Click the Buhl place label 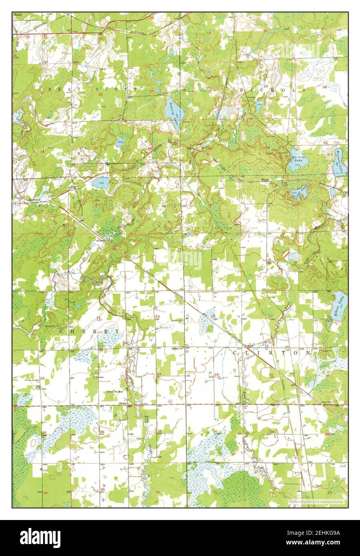[x=17, y=14]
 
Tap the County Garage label [x=32, y=380]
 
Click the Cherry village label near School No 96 [x=122, y=404]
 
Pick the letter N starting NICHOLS [x=241, y=90]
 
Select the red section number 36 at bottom [x=157, y=492]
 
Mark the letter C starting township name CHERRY [x=62, y=332]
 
